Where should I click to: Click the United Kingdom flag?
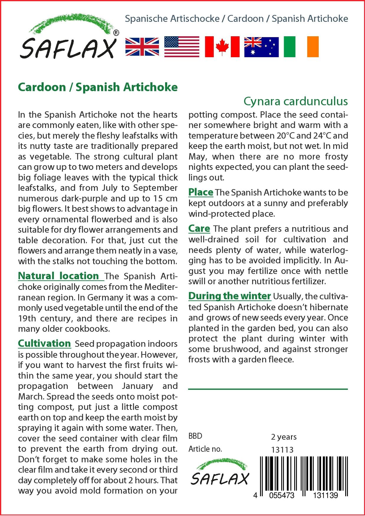click(x=142, y=47)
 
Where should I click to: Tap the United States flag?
click(x=182, y=47)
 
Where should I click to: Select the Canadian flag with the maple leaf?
click(x=222, y=47)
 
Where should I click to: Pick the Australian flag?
click(x=261, y=47)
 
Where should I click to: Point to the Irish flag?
click(x=301, y=47)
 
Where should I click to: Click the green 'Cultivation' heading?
click(x=45, y=344)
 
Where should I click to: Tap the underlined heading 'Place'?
click(x=201, y=192)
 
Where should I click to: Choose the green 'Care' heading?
click(x=199, y=229)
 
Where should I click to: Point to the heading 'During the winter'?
click(x=230, y=296)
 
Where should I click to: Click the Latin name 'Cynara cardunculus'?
click(x=295, y=101)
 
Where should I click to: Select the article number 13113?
click(x=282, y=450)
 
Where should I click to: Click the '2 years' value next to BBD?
click(x=284, y=437)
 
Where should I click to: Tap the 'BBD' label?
click(x=195, y=436)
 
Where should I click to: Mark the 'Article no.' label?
click(x=205, y=449)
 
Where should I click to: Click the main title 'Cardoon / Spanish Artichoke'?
click(x=98, y=87)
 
